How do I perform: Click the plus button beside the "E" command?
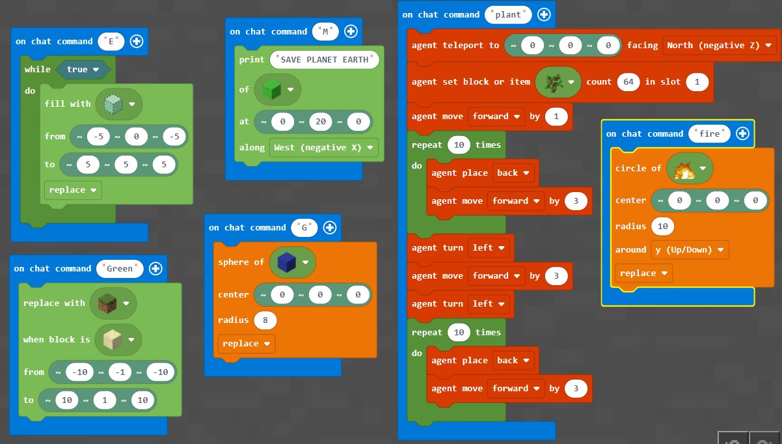tap(137, 41)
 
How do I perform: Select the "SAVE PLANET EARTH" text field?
tap(325, 60)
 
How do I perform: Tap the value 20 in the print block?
tap(321, 122)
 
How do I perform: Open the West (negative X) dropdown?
tap(323, 147)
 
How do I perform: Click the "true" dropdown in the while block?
tap(83, 69)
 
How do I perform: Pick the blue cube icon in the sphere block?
tap(287, 262)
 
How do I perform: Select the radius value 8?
tap(265, 320)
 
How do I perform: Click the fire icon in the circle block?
tap(684, 169)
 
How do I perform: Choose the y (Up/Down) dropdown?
tap(690, 250)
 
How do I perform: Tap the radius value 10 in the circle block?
tap(662, 227)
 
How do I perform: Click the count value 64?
tap(628, 82)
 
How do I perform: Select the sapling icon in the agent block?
tap(554, 83)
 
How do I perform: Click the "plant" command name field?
tap(508, 15)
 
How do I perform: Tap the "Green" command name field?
tap(120, 269)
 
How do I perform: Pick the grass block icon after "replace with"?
tap(107, 303)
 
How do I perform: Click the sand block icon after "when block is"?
tap(113, 340)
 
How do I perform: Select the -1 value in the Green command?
tap(120, 372)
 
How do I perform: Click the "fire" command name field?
tap(709, 134)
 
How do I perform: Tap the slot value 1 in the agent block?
tap(697, 82)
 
